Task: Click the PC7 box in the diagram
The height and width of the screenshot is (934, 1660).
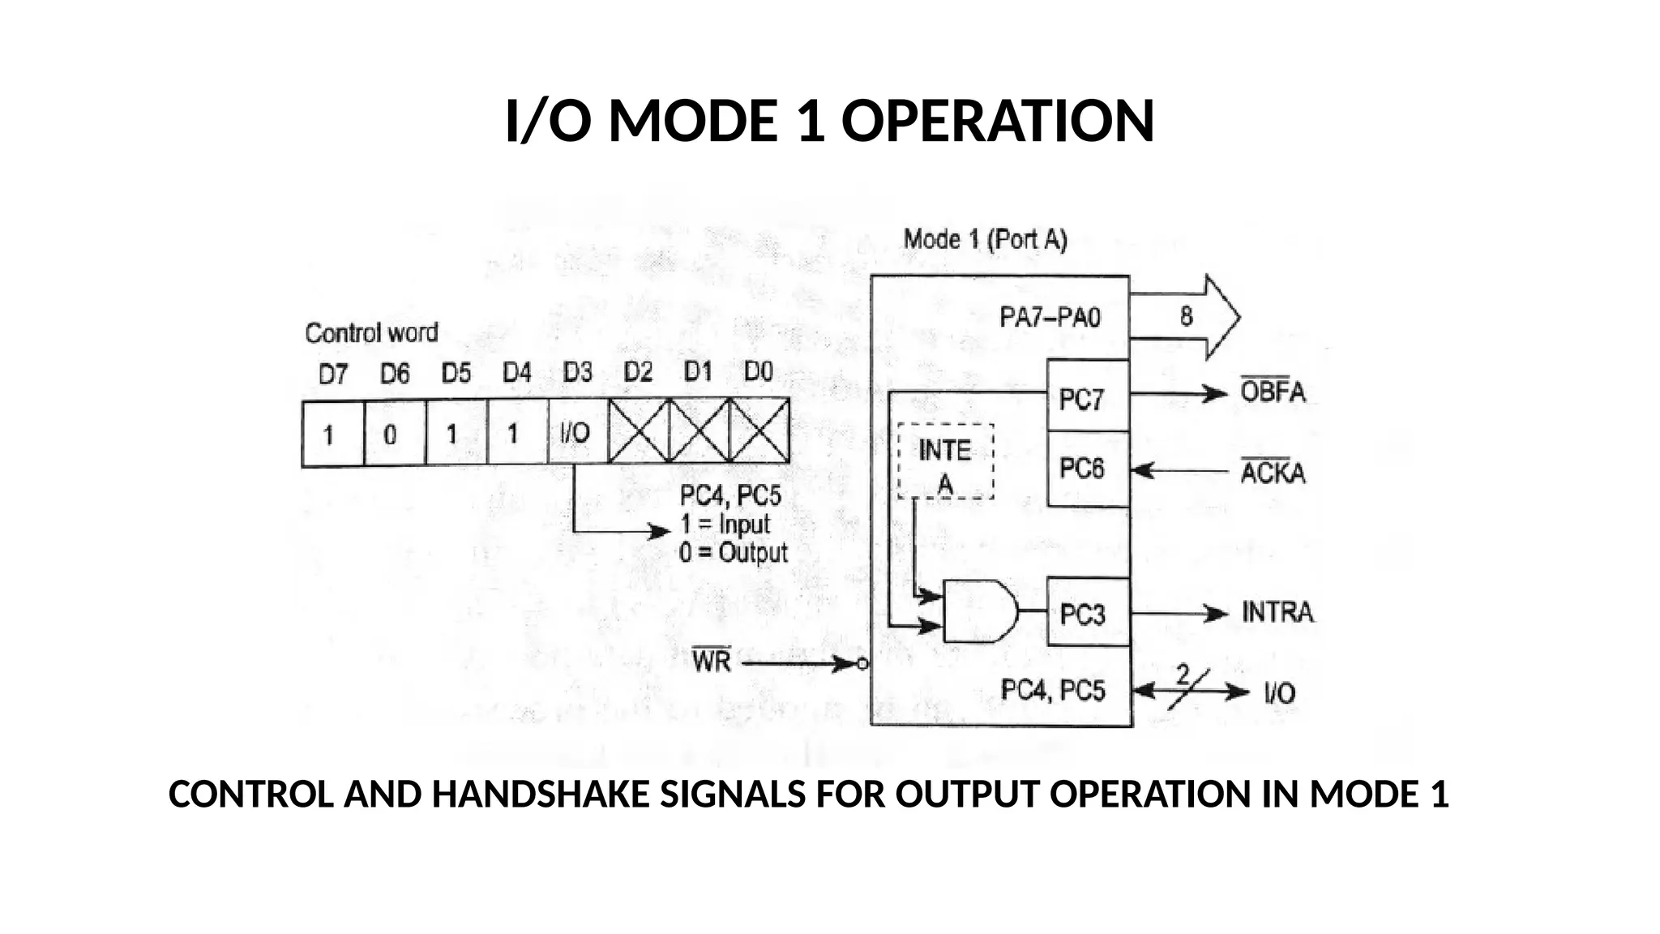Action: [1087, 396]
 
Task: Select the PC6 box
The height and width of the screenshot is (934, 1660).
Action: [1087, 469]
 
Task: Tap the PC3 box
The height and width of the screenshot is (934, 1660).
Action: [1087, 613]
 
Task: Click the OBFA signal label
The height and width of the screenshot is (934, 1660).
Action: [1273, 392]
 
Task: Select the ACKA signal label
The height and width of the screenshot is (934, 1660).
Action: [1273, 472]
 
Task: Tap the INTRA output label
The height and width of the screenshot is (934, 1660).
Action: [1277, 612]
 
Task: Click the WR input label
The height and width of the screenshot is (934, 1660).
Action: [712, 662]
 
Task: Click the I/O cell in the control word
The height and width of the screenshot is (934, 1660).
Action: [576, 433]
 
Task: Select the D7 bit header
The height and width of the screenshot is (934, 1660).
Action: [333, 374]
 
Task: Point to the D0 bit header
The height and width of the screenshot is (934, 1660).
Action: [759, 372]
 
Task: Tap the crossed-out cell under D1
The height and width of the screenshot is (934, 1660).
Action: [699, 432]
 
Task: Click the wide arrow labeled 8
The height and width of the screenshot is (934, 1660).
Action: [1185, 316]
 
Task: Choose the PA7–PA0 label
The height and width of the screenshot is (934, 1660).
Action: [1050, 317]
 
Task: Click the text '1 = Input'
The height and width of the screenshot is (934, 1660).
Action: [725, 524]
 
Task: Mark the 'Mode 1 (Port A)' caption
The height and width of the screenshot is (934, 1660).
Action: [985, 239]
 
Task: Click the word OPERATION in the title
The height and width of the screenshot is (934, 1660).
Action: [998, 122]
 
